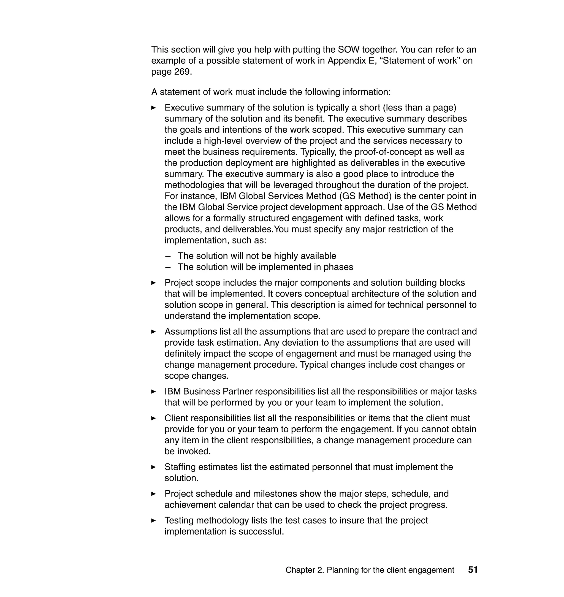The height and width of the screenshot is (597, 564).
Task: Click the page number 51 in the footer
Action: click(x=473, y=570)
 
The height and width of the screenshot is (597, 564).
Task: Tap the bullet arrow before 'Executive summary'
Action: click(x=153, y=108)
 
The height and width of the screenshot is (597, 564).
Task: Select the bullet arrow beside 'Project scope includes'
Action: click(x=153, y=283)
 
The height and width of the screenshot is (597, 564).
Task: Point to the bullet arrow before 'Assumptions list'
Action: click(x=153, y=332)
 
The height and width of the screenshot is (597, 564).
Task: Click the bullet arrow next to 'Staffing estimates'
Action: click(x=153, y=467)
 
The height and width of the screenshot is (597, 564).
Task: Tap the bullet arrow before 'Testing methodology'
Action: click(x=153, y=520)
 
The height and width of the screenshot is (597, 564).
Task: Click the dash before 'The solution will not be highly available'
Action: click(x=168, y=256)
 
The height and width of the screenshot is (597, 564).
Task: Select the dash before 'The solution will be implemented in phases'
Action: click(x=168, y=267)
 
